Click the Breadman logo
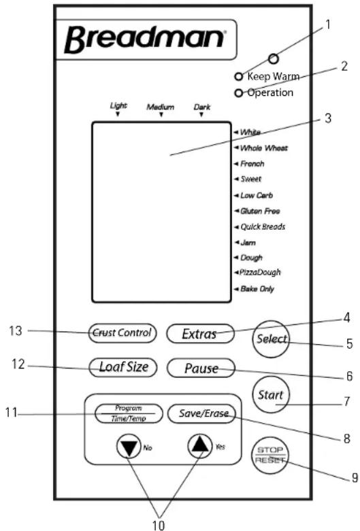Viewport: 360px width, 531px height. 145,39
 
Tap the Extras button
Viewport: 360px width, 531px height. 200,334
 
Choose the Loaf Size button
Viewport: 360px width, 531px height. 123,367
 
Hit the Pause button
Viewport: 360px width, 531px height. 201,368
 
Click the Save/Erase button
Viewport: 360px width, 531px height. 201,413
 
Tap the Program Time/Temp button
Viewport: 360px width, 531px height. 129,413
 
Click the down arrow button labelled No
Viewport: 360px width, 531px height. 129,447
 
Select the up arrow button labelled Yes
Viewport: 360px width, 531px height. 200,445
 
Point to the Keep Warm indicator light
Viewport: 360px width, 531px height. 239,77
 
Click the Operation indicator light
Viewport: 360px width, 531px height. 239,92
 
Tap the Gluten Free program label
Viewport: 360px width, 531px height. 260,211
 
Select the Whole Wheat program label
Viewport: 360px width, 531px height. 264,148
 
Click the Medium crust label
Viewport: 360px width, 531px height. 161,107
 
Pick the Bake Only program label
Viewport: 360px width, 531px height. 257,289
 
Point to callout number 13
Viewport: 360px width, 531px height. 15,330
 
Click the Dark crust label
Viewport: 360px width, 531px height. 202,107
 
